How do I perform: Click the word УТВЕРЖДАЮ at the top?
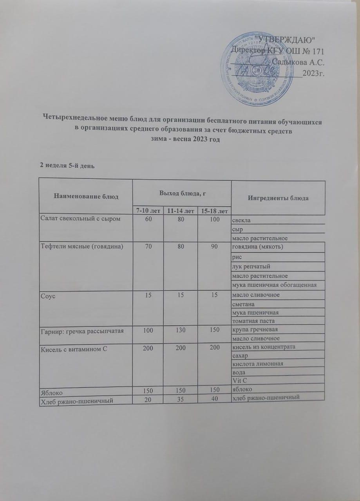[x=288, y=39]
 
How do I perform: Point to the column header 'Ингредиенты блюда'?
[x=279, y=198]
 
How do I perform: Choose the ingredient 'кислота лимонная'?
[x=257, y=364]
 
